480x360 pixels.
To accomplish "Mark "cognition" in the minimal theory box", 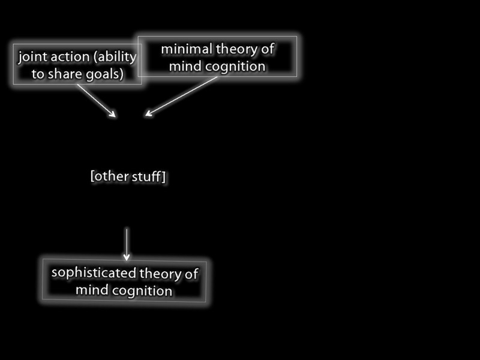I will point(235,66).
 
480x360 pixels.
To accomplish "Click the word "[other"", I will point(107,177).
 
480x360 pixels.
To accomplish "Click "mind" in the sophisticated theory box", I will point(91,290).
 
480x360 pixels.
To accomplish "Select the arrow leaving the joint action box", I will point(96,100).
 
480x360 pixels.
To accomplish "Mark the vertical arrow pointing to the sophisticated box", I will point(127,243).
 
